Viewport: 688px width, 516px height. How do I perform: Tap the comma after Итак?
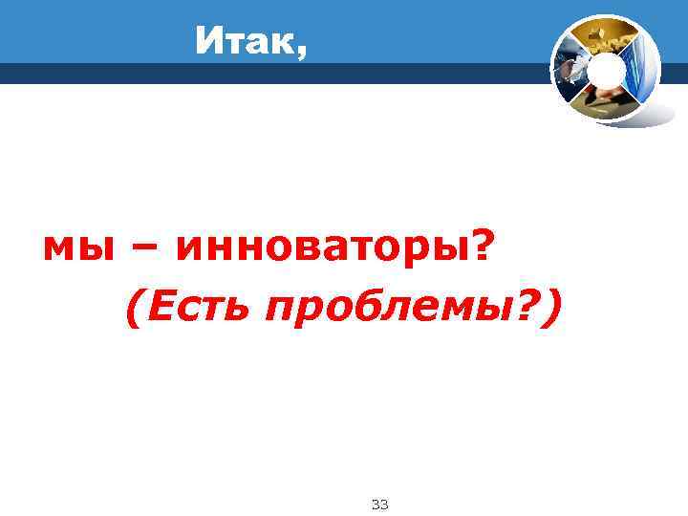(302, 54)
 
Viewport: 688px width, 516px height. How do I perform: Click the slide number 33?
(378, 504)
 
